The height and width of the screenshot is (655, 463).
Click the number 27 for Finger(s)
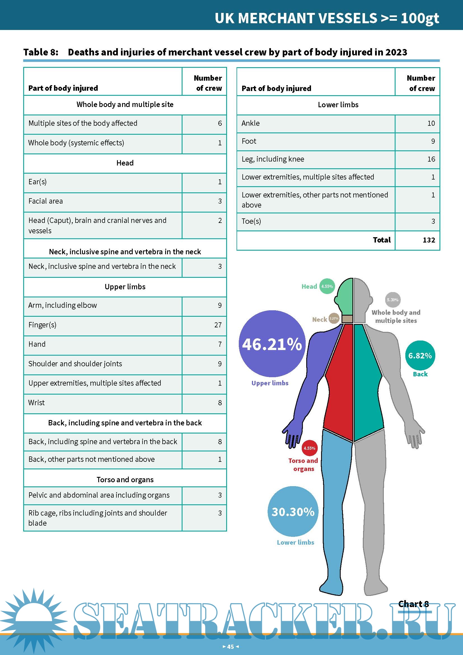(x=218, y=325)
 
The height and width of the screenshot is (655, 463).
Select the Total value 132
(x=429, y=240)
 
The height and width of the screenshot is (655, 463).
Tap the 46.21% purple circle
(x=272, y=344)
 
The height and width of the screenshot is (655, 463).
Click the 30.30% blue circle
(x=293, y=512)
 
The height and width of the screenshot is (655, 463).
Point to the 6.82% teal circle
(x=420, y=355)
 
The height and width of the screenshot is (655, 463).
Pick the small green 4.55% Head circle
(x=327, y=286)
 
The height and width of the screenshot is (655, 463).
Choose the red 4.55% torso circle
(x=309, y=448)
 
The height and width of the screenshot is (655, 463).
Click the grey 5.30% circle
(x=392, y=300)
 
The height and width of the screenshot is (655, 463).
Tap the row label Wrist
(x=36, y=402)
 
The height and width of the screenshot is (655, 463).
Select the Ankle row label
(x=251, y=123)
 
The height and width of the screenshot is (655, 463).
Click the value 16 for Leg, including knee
(x=431, y=159)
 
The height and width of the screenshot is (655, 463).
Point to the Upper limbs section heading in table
(x=125, y=287)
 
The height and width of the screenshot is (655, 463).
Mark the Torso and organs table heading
(x=125, y=479)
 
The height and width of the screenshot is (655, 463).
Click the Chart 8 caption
(x=413, y=604)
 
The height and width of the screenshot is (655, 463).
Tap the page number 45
(x=230, y=646)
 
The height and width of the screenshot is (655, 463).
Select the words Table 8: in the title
(x=41, y=52)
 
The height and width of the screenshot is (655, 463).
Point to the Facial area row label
(x=46, y=201)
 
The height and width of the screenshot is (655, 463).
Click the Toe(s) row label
(x=251, y=221)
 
